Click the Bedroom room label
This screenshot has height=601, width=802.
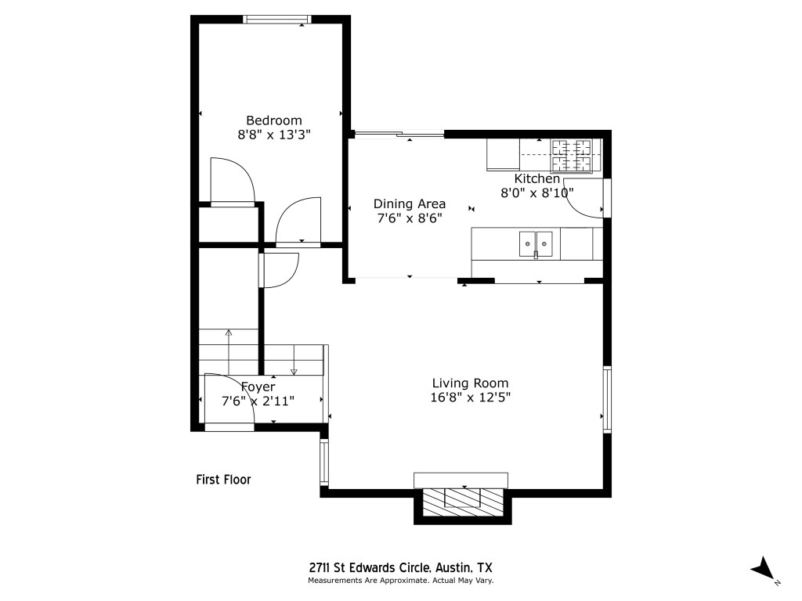point(273,120)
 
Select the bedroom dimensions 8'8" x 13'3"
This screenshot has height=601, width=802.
point(273,135)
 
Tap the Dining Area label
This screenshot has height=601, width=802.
point(409,203)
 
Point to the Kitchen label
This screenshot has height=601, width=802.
point(536,178)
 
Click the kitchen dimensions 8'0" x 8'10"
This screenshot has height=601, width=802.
point(537,192)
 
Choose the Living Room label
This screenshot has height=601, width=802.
point(470,383)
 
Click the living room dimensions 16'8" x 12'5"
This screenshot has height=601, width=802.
point(471,397)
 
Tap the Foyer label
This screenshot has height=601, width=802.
point(257,387)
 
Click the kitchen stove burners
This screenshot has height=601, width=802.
point(576,155)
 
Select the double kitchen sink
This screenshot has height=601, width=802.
point(536,243)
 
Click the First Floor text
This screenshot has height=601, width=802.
point(223,480)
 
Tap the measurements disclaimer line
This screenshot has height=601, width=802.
point(399,581)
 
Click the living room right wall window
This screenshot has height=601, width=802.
point(606,398)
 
